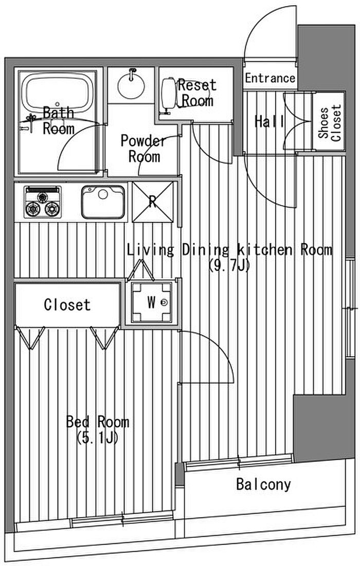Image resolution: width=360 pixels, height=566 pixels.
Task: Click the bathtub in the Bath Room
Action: pyautogui.click(x=58, y=93)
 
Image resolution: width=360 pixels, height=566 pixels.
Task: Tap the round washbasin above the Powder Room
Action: pyautogui.click(x=131, y=85)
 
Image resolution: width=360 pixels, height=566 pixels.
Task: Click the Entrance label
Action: pyautogui.click(x=270, y=78)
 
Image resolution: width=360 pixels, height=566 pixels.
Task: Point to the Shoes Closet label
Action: pyautogui.click(x=329, y=122)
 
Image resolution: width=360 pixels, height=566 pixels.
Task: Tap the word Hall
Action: pyautogui.click(x=270, y=121)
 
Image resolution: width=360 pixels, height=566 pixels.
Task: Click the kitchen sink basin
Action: pyautogui.click(x=103, y=202)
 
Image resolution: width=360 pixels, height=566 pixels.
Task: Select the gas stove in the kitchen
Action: pyautogui.click(x=42, y=202)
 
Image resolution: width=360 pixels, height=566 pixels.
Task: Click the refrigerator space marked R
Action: pyautogui.click(x=153, y=202)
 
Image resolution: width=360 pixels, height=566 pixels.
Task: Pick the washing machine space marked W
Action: pyautogui.click(x=152, y=302)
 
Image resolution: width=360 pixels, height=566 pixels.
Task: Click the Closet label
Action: pyautogui.click(x=67, y=305)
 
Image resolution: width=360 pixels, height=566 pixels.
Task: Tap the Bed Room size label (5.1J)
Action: pyautogui.click(x=97, y=438)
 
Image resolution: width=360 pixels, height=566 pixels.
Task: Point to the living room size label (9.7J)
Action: pyautogui.click(x=229, y=266)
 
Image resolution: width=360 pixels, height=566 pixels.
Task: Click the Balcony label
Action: pyautogui.click(x=264, y=484)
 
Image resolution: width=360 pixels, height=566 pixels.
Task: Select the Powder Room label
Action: pyautogui.click(x=143, y=148)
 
